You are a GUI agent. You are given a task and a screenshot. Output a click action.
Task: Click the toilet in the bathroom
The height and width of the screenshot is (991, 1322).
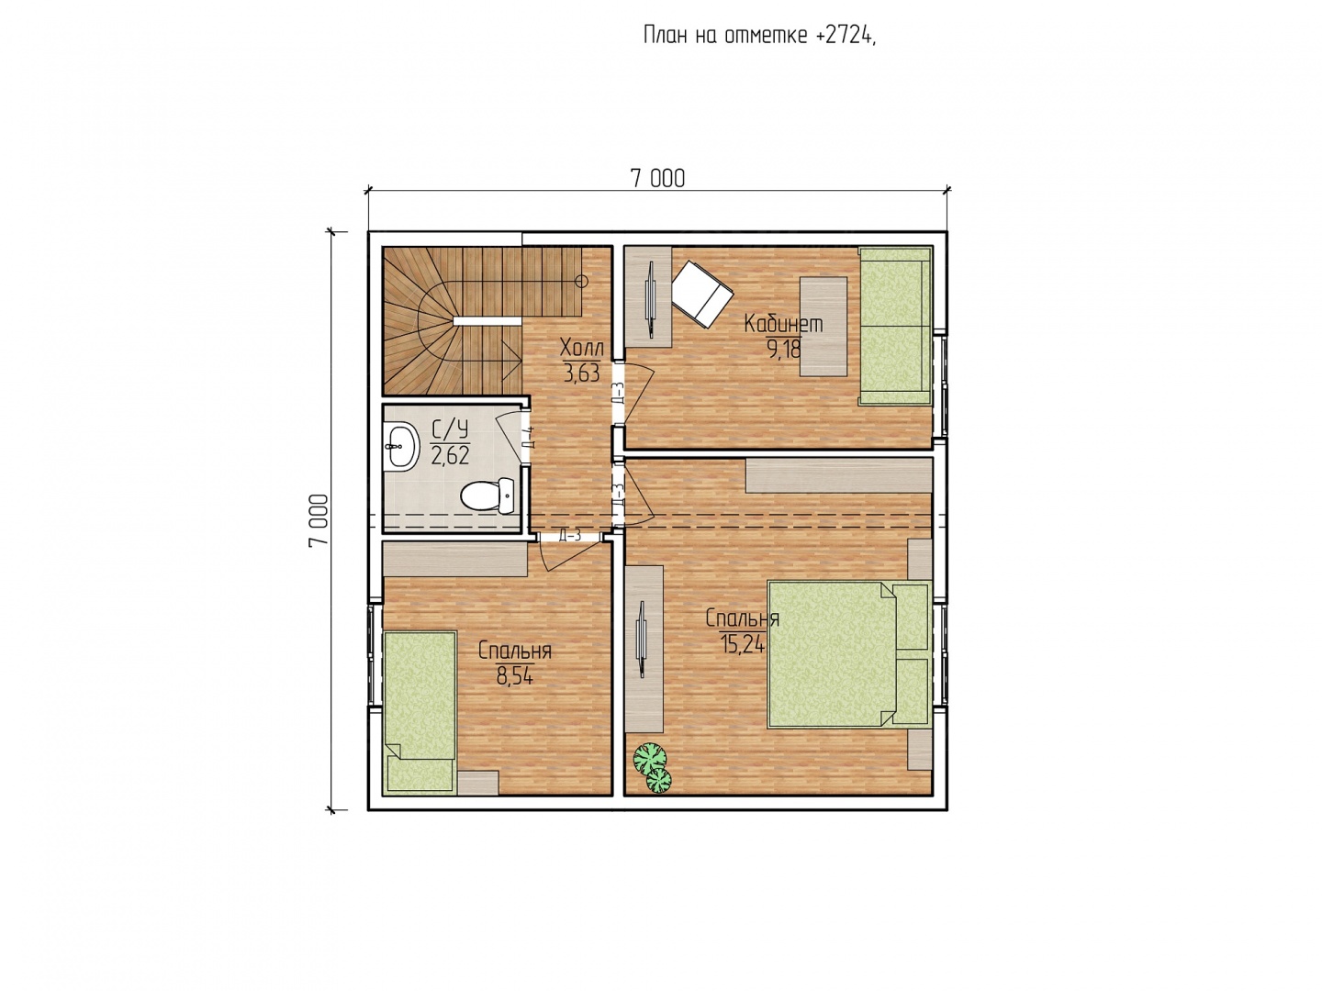[x=487, y=495]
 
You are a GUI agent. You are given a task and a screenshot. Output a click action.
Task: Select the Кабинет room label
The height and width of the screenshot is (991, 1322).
[x=783, y=324]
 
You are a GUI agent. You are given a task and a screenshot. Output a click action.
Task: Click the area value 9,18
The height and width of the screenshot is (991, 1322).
[x=782, y=349]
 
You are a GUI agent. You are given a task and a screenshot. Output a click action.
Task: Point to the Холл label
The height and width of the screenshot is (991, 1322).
[x=581, y=348]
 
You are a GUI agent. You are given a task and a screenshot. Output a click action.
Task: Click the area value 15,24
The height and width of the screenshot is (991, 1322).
[x=742, y=644]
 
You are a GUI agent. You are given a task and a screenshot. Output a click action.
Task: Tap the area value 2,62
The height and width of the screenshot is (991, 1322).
[x=449, y=455]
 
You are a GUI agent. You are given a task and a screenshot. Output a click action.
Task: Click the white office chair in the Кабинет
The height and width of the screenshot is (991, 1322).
[x=702, y=295]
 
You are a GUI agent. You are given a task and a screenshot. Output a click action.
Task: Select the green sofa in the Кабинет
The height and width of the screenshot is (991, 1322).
[x=895, y=326]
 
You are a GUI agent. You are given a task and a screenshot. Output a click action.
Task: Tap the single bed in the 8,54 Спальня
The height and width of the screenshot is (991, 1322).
[x=420, y=710]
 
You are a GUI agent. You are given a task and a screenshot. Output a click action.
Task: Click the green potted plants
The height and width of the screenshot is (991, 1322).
[x=653, y=767]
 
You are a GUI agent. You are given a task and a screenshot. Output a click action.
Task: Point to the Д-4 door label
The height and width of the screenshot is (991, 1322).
[x=529, y=438]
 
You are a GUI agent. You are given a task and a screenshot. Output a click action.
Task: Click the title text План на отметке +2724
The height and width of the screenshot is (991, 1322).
[x=759, y=36]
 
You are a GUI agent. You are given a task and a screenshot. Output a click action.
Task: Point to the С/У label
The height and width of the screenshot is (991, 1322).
[x=449, y=430]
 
